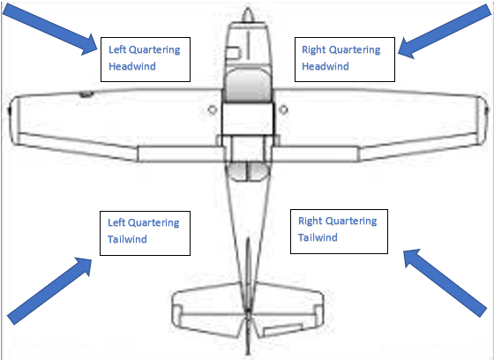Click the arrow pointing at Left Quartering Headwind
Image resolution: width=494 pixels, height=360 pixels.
[x=50, y=29]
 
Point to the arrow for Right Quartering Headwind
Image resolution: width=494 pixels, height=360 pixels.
[x=445, y=32]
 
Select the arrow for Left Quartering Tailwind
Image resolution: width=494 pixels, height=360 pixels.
[x=49, y=290]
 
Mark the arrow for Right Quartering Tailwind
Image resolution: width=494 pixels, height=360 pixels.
[x=445, y=282]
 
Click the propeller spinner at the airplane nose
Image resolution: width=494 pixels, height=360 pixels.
[x=248, y=15]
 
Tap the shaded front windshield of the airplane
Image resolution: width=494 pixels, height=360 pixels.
[x=248, y=85]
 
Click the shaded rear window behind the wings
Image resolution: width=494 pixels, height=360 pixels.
[x=248, y=172]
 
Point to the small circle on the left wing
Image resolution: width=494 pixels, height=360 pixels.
[x=213, y=109]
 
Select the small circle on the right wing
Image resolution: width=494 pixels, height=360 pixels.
[x=283, y=109]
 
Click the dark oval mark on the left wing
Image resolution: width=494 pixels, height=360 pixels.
[x=86, y=94]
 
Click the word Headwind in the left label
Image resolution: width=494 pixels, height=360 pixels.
[x=132, y=66]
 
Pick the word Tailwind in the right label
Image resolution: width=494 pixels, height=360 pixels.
[x=318, y=237]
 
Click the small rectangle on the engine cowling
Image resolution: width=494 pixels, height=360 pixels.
[x=234, y=53]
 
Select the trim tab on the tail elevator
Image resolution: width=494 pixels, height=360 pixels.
[x=282, y=330]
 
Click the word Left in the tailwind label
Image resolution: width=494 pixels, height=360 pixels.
[x=116, y=222]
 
